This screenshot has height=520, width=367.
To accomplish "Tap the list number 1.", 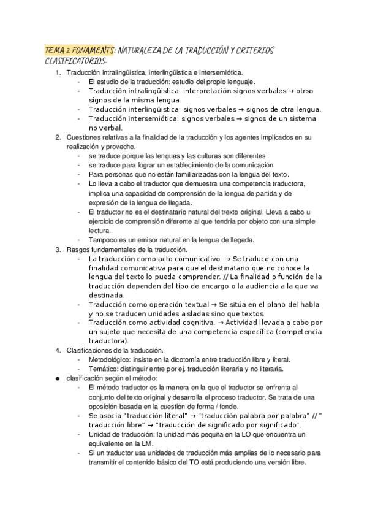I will pos(58,73).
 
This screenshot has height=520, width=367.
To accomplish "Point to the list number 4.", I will pos(58,350).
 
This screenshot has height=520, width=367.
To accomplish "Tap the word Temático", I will pos(103,369).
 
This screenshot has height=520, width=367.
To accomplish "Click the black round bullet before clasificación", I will pos(58,378).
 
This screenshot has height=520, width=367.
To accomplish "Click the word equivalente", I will pos(108,444).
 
